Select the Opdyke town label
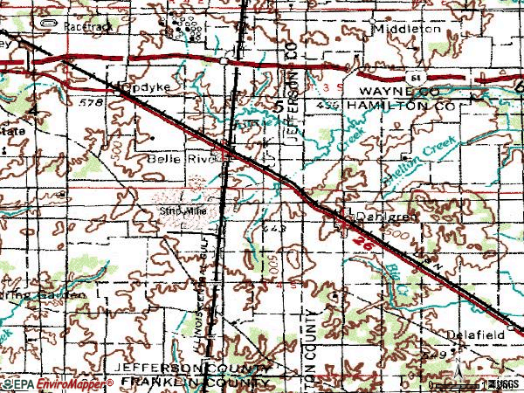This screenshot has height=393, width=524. pos(143,88)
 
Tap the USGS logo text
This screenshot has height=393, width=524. pos(504,383)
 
